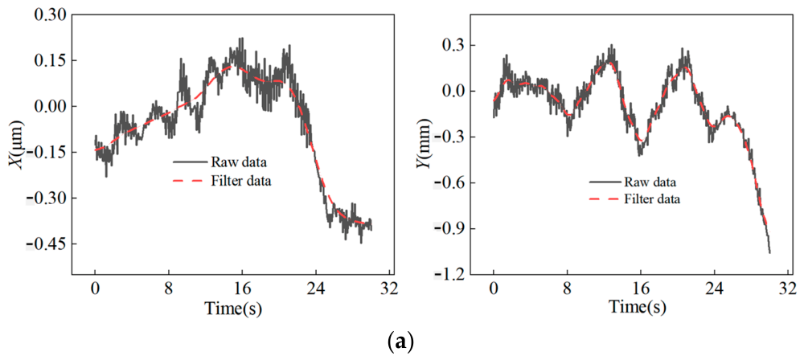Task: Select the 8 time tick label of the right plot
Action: (x=567, y=288)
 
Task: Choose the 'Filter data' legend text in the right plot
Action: (x=652, y=199)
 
